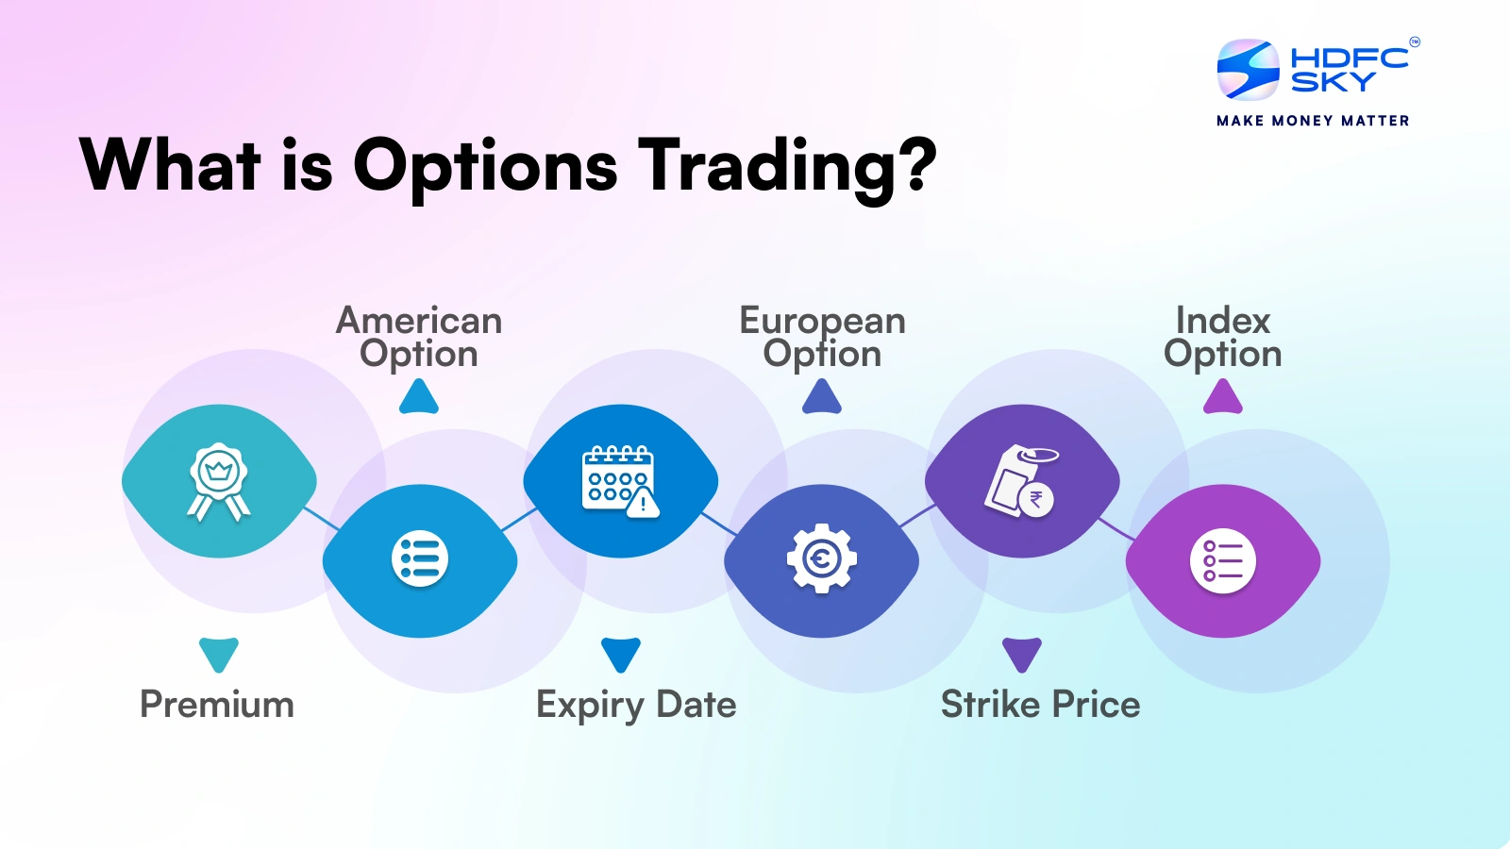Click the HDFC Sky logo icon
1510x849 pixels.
(1248, 70)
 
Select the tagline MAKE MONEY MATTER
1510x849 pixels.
(1313, 121)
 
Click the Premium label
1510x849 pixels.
(217, 705)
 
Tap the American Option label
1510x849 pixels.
(419, 337)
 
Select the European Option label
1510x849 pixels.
(822, 337)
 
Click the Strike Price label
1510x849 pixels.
(1040, 705)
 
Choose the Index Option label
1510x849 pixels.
(1223, 337)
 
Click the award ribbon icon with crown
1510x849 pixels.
(218, 481)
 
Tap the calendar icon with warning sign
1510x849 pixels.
(620, 481)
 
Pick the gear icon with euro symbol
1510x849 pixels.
(822, 558)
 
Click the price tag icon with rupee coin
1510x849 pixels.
(1021, 480)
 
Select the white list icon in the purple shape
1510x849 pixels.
(1223, 561)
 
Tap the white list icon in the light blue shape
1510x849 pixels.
(420, 559)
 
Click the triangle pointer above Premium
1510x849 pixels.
(218, 655)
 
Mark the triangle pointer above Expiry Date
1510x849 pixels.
(621, 655)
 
